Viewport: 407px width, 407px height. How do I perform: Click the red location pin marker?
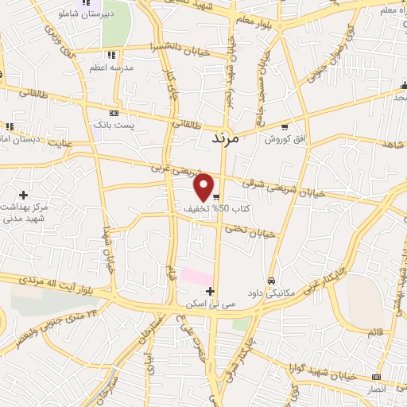pos(204,187)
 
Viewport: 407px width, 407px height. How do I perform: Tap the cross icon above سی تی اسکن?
pos(210,291)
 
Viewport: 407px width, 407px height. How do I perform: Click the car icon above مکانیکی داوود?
pos(271,281)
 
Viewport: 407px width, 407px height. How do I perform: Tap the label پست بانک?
pos(115,126)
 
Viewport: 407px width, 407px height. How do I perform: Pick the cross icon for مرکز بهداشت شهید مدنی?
pos(23,195)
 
